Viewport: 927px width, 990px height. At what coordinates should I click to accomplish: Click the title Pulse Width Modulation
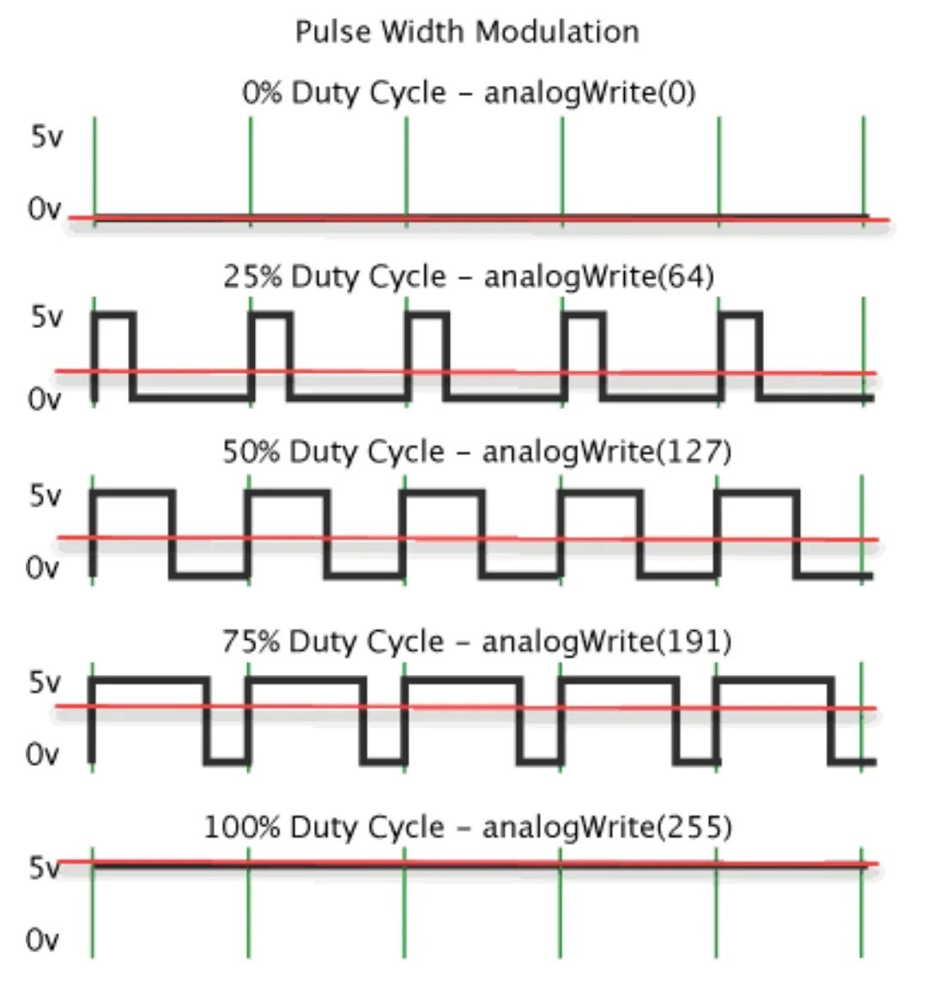point(467,32)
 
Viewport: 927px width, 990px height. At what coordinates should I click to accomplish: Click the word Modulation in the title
point(557,32)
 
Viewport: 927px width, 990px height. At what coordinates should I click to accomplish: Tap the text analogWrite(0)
point(590,92)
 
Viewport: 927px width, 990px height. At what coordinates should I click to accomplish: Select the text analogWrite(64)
point(598,276)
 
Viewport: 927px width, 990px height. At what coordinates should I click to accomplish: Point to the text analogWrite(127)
point(607,452)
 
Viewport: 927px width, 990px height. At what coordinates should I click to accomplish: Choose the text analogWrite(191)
point(607,641)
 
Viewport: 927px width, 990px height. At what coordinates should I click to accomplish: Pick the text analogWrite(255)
point(607,827)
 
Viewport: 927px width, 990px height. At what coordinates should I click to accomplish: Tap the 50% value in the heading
point(251,452)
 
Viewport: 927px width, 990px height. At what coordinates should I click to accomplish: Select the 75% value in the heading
point(251,641)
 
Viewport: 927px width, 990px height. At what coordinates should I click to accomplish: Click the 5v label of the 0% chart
point(46,137)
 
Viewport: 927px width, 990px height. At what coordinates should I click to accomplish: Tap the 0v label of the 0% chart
point(45,209)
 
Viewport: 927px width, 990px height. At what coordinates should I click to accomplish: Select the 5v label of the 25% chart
point(46,318)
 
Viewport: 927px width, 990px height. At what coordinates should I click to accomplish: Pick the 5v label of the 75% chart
point(45,683)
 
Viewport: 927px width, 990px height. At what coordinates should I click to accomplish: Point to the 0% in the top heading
point(261,92)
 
